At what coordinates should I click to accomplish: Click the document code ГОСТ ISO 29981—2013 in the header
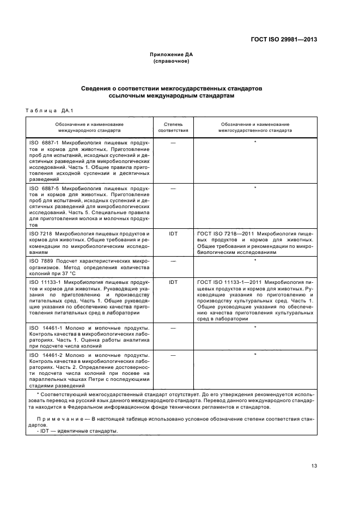click(283, 39)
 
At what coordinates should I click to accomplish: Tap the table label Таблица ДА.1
click(49, 111)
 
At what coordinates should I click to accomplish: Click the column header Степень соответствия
click(173, 127)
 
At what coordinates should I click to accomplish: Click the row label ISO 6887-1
click(44, 142)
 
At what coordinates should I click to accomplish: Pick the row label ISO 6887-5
click(44, 188)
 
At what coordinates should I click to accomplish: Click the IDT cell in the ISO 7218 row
click(173, 234)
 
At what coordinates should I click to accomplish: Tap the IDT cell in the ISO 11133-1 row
click(173, 282)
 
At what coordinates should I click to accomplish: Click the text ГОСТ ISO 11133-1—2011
click(229, 282)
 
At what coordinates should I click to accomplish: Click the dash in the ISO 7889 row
click(173, 260)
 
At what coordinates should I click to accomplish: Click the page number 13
click(314, 465)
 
